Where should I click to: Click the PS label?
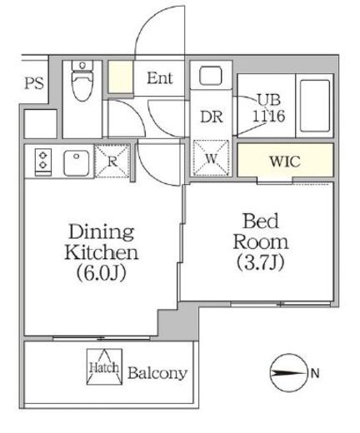point(34,83)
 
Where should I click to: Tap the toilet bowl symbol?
point(82,81)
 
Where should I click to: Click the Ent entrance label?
point(160,78)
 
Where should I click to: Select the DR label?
point(212,117)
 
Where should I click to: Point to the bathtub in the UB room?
point(315,106)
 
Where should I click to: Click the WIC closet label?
point(285,161)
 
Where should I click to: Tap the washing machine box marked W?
point(211,158)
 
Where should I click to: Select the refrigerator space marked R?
point(112,161)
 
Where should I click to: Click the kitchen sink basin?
point(77,162)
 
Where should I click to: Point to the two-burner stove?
point(42,162)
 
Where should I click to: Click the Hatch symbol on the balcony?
point(104,366)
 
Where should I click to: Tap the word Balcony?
point(157,374)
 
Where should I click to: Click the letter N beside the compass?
point(315,373)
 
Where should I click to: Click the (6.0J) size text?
point(102,272)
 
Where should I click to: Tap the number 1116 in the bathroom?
point(268,116)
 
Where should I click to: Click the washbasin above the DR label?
point(211,76)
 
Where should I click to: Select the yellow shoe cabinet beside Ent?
point(120,77)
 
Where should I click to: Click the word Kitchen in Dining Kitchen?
point(102,252)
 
